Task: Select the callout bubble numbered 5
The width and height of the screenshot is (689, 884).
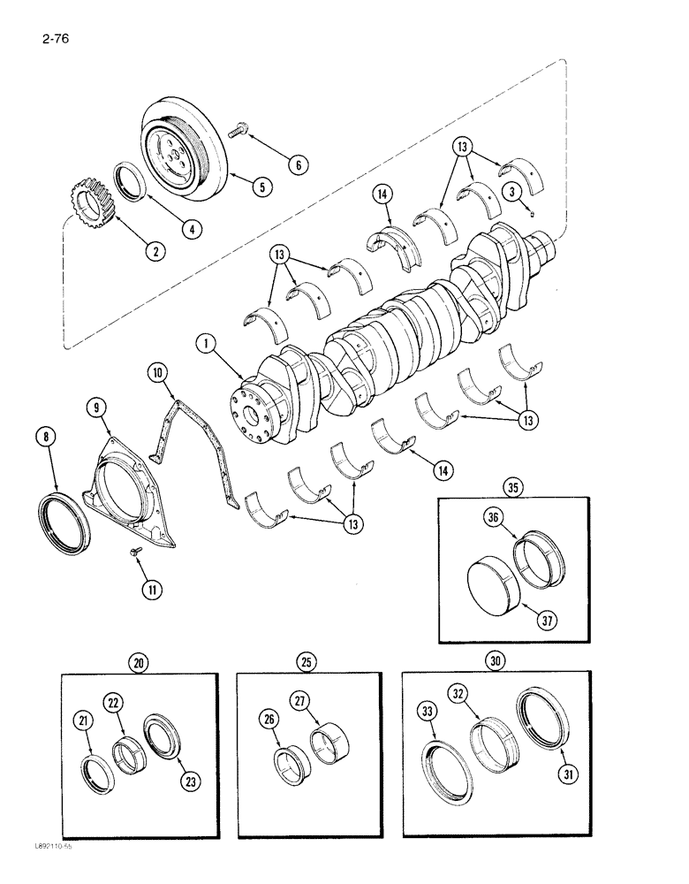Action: pyautogui.click(x=261, y=187)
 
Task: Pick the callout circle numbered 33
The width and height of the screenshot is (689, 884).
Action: pyautogui.click(x=427, y=708)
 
